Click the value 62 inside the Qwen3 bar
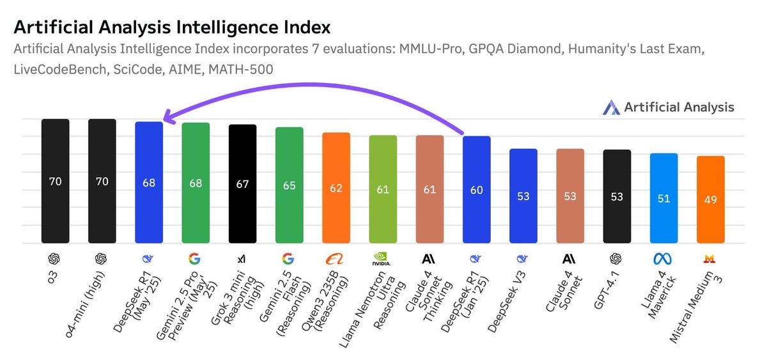[x=336, y=189]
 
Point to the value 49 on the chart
[x=710, y=200]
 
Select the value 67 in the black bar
[x=242, y=184]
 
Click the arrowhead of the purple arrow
[x=167, y=117]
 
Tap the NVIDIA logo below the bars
[x=382, y=260]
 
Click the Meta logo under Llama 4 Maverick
[x=663, y=259]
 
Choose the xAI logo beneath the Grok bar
[x=242, y=259]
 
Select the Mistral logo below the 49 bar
[x=709, y=259]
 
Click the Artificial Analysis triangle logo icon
[x=611, y=107]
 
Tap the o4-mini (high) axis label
[x=88, y=301]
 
